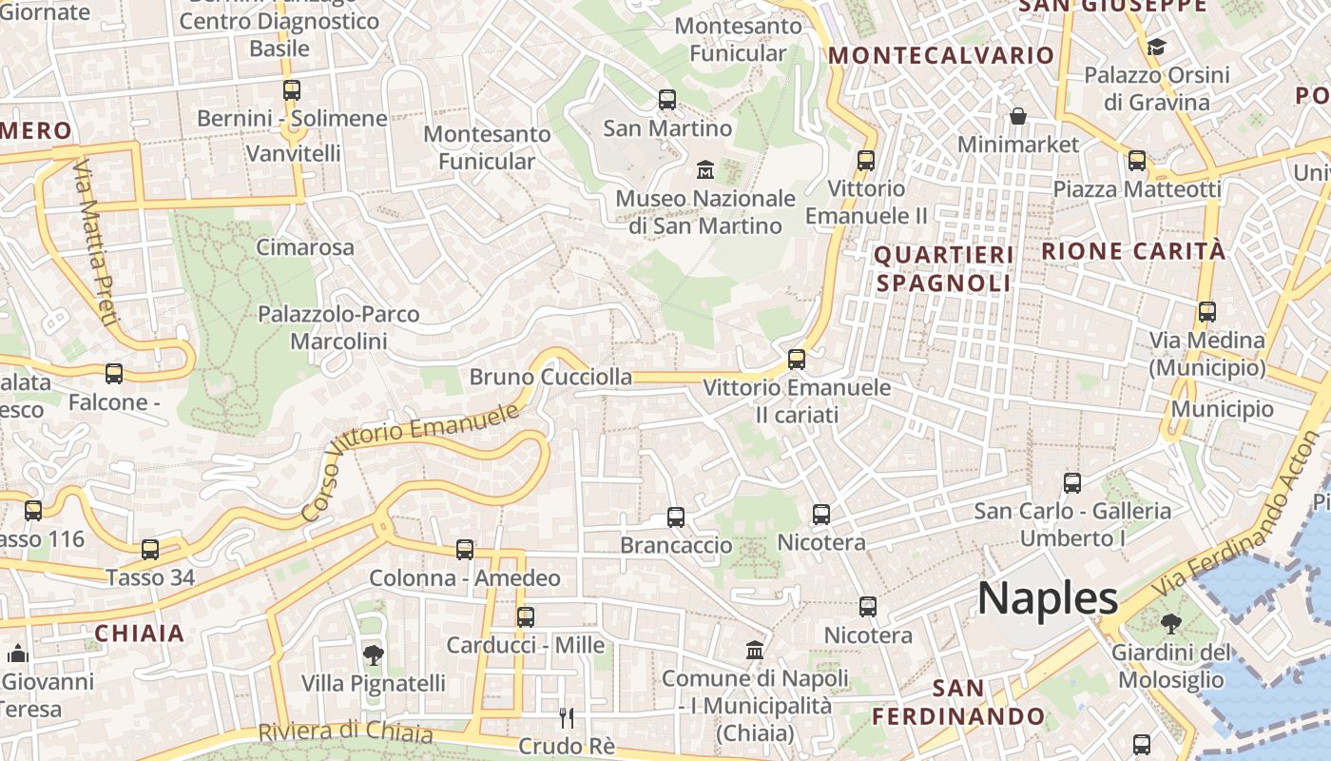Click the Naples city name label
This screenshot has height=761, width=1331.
(1048, 598)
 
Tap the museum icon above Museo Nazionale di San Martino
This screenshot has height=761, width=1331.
(705, 169)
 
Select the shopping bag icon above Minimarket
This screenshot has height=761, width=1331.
(1018, 116)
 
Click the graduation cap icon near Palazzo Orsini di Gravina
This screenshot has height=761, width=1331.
(1156, 47)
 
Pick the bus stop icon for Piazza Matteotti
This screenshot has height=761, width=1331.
(1136, 161)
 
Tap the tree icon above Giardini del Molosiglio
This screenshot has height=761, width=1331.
(1170, 624)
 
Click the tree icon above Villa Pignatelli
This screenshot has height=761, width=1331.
(373, 654)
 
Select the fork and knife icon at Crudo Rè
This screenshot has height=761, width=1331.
(567, 717)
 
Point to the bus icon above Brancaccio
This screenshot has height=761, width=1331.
(676, 517)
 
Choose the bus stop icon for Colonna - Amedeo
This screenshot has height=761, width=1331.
(465, 550)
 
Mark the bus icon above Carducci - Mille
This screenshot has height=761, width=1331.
(526, 616)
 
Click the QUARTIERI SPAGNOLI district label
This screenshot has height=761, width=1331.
(943, 269)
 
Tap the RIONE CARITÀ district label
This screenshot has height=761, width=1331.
(1133, 251)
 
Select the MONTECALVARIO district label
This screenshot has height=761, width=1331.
(941, 55)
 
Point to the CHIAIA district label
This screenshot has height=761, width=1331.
(139, 634)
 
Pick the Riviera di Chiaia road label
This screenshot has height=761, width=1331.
(346, 732)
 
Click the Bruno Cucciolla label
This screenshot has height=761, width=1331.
(550, 377)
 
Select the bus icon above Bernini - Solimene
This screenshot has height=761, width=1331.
(292, 90)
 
